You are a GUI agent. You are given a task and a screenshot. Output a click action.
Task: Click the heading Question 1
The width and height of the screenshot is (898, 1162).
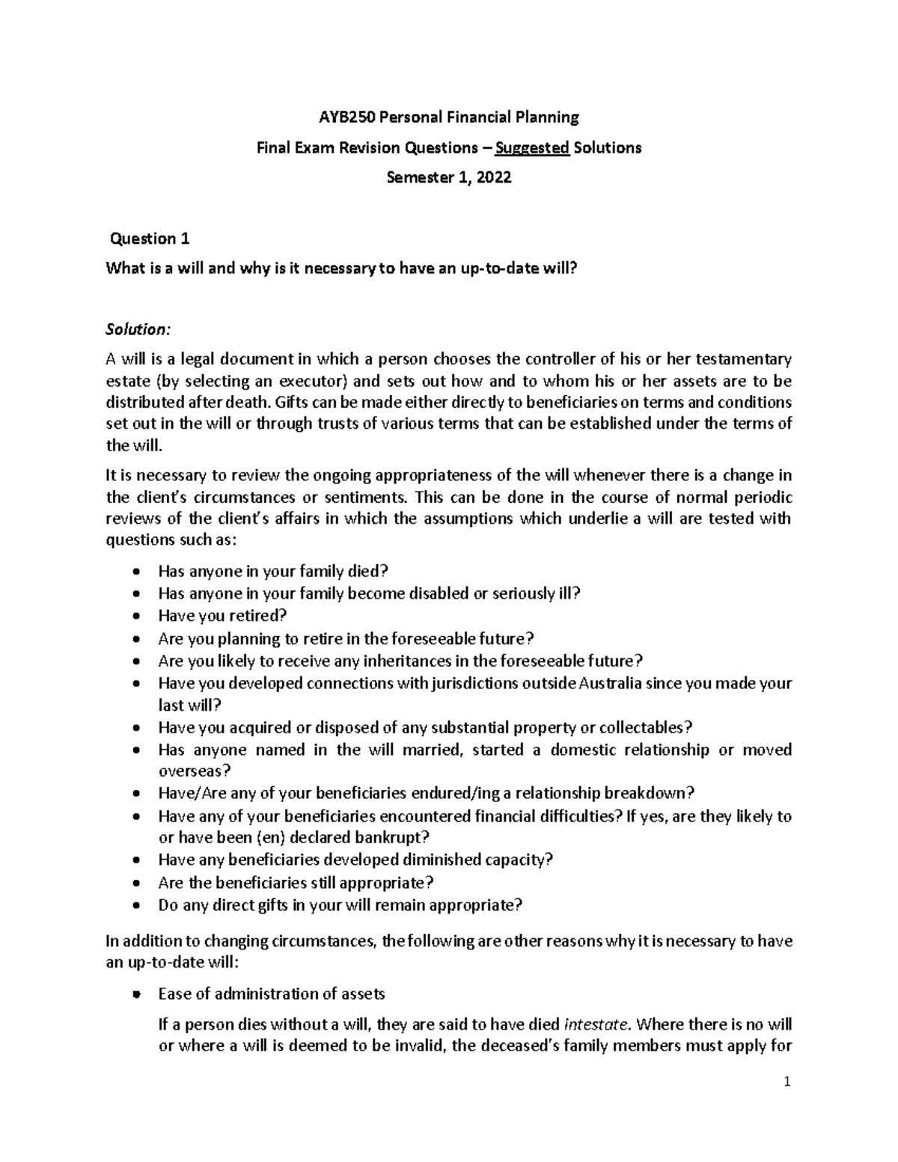pos(150,239)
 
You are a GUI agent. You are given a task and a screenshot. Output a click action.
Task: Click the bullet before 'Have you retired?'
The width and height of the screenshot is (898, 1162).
pos(135,617)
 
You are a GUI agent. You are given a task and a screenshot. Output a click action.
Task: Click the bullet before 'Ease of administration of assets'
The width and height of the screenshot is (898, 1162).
pos(135,994)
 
